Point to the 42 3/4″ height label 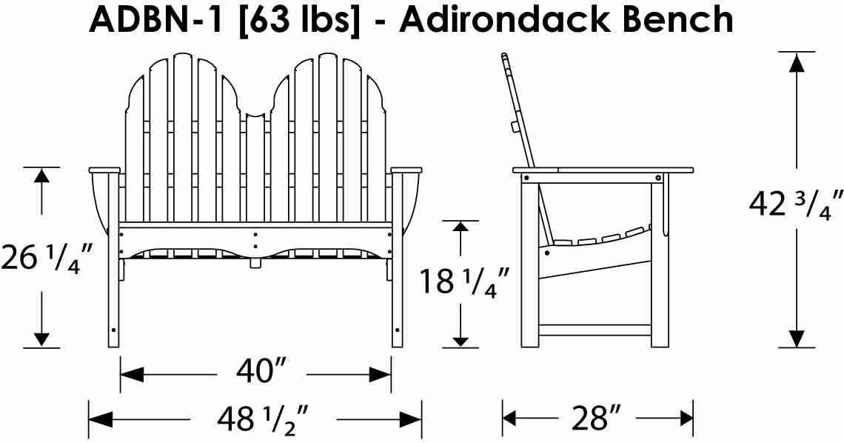pyautogui.click(x=796, y=203)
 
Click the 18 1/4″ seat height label pyautogui.click(x=463, y=282)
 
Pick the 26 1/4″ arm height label pyautogui.click(x=46, y=257)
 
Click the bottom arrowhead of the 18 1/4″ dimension pyautogui.click(x=460, y=340)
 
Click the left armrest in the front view pyautogui.click(x=104, y=171)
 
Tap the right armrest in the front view pyautogui.click(x=406, y=171)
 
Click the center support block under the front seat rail pyautogui.click(x=255, y=262)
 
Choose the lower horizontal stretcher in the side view pyautogui.click(x=595, y=327)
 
